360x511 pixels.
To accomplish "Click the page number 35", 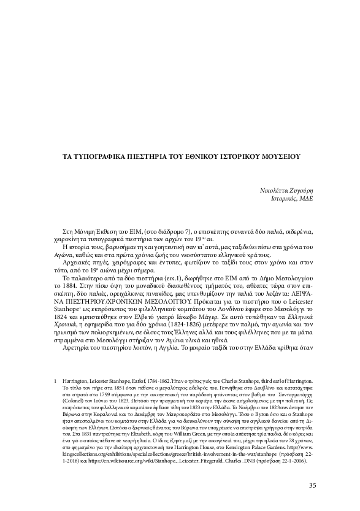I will (x=312, y=486).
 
